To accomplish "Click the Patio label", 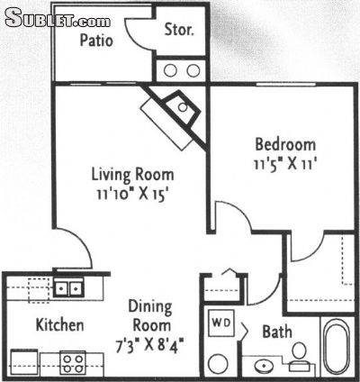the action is [96, 41].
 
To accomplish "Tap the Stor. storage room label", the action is [179, 30].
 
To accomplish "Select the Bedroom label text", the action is [285, 144].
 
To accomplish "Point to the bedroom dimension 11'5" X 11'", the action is [285, 164].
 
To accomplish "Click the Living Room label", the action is [132, 175].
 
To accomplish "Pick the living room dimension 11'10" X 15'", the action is [131, 195].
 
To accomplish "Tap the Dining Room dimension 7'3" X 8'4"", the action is [149, 345].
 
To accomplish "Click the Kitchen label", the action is [59, 325].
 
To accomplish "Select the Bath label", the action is [277, 332].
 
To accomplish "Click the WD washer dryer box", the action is [221, 323].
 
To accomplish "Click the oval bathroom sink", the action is [264, 367].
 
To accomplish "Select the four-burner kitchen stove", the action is [73, 363].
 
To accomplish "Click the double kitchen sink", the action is [68, 288].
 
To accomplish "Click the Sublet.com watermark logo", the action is [58, 18].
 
